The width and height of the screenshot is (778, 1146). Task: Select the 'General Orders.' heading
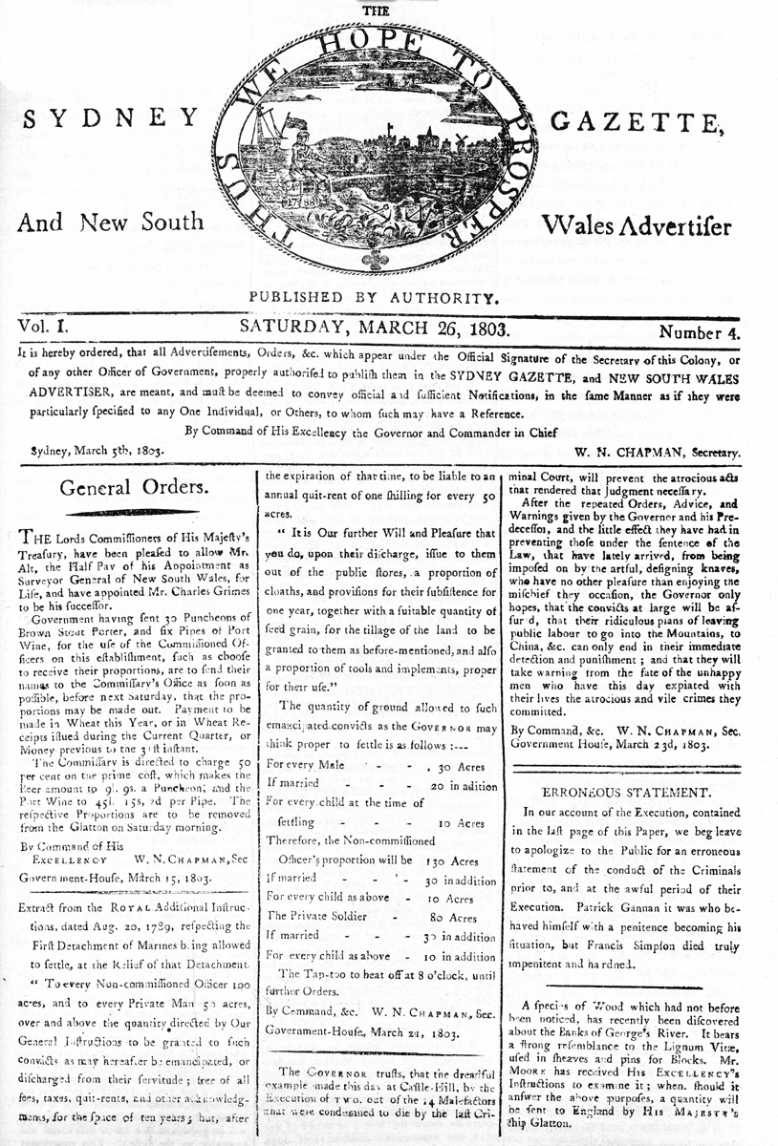134,487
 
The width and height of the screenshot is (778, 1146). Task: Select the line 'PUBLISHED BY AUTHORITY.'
374,297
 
